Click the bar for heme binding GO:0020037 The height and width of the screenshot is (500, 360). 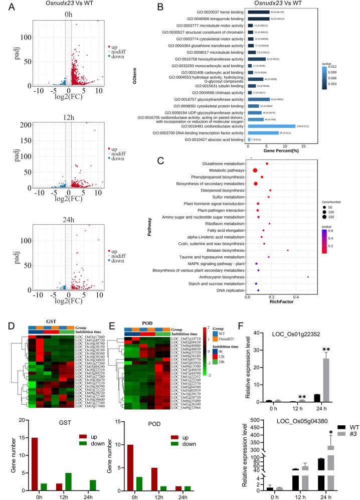pyautogui.click(x=259, y=12)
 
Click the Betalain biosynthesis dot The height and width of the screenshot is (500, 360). pyautogui.click(x=287, y=250)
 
